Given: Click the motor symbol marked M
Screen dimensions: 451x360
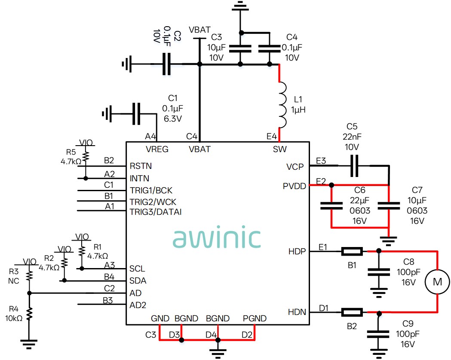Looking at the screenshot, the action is click(437, 282).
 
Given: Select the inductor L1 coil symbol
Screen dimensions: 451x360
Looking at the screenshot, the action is click(282, 105).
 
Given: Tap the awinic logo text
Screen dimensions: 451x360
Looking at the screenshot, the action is click(217, 237).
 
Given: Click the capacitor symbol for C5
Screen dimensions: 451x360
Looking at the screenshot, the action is click(354, 166).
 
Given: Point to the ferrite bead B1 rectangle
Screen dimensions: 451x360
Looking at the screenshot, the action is click(352, 251).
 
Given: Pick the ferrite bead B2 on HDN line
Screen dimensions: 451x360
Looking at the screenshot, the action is click(352, 312).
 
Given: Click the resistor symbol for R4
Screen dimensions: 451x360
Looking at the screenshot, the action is click(29, 314).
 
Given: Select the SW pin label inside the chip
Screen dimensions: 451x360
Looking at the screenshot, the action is click(279, 149).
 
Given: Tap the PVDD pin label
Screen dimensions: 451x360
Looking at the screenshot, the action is click(294, 186).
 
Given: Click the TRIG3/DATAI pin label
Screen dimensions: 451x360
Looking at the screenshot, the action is click(156, 212).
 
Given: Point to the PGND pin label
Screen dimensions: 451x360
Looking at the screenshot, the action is click(255, 318).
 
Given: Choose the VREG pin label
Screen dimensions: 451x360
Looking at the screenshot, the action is click(157, 149).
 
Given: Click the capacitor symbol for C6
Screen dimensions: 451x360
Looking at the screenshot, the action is click(331, 206).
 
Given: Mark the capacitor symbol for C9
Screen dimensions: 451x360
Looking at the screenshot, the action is click(378, 334).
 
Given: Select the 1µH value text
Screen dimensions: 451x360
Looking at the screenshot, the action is click(298, 110).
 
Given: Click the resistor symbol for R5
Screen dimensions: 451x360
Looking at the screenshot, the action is click(86, 156).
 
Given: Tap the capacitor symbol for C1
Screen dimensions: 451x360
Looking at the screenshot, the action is click(136, 114).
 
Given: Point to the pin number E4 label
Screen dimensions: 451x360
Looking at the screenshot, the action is click(272, 136).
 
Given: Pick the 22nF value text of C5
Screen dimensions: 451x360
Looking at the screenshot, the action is click(352, 137).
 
